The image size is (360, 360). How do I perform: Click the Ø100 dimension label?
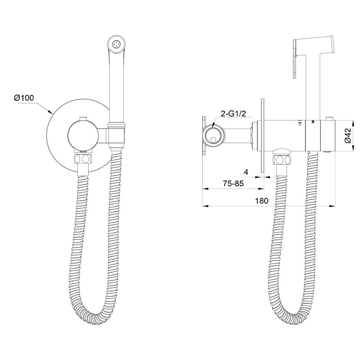24,98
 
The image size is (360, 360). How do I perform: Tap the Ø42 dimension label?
348,135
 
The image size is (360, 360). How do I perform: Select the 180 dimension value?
261,201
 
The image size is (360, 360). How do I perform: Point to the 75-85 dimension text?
233,184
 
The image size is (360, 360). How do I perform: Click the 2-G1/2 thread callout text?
233,114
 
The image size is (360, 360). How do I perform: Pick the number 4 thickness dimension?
246,172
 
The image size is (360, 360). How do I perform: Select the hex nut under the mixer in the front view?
83,158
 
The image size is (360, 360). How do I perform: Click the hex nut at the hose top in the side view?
282,160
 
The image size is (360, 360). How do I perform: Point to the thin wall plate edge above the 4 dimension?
263,136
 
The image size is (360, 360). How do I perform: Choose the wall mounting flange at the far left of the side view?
204,136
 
